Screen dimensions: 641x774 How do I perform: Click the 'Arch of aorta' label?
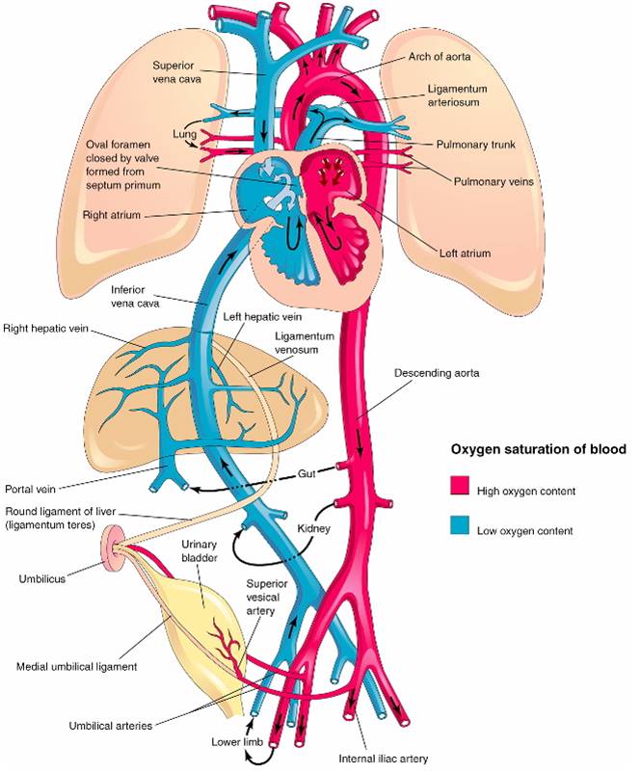coord(440,57)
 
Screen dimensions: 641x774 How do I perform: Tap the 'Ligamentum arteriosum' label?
coord(457,95)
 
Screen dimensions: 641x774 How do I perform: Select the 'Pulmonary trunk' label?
coord(476,145)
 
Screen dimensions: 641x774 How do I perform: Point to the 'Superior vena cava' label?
coord(176,72)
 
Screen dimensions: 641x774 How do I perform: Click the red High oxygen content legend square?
coord(460,485)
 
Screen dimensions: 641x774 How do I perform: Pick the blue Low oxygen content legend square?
coord(460,524)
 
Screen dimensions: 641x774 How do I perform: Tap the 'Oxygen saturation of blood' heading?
coord(539,449)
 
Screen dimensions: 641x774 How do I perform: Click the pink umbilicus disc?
coord(113,545)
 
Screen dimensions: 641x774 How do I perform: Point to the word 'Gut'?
coord(307,473)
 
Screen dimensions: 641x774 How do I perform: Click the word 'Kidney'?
coord(313,528)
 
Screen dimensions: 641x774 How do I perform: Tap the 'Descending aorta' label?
coord(437,373)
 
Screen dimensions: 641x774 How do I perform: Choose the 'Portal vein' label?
coord(30,490)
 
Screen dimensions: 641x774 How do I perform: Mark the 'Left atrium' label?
coord(466,254)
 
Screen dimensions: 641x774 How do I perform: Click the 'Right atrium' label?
coord(112,215)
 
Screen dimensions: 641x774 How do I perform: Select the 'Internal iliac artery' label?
coord(384,759)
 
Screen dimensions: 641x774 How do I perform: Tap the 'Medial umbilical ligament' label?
coord(76,667)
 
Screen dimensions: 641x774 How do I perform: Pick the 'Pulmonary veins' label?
coord(494,181)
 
